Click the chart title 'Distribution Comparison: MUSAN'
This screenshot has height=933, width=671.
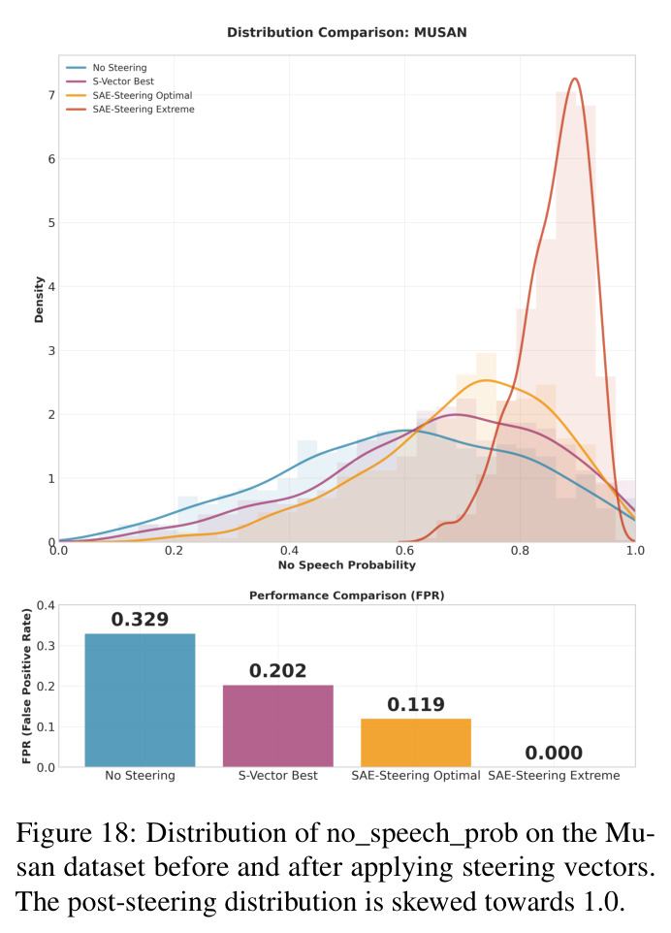[x=347, y=32]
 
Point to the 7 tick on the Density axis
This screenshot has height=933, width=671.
[x=51, y=95]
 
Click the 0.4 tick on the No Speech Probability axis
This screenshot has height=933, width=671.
[x=289, y=551]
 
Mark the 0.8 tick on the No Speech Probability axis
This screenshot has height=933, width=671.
[x=520, y=551]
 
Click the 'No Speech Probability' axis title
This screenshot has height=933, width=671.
[x=347, y=564]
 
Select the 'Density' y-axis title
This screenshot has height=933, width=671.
[x=39, y=300]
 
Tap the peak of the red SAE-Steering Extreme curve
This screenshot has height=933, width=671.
[x=574, y=79]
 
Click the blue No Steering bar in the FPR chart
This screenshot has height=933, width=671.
[x=140, y=700]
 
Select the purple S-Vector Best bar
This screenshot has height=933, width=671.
[x=277, y=725]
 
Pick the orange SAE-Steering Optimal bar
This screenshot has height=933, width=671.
[x=416, y=743]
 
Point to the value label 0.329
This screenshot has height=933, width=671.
[x=140, y=620]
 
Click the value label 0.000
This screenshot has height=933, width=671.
[x=554, y=753]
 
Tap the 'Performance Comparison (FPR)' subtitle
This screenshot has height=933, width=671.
[x=347, y=595]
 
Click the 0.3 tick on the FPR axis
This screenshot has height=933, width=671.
[x=46, y=646]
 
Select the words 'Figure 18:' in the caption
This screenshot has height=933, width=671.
[x=73, y=833]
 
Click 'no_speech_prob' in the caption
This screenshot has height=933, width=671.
[x=423, y=834]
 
